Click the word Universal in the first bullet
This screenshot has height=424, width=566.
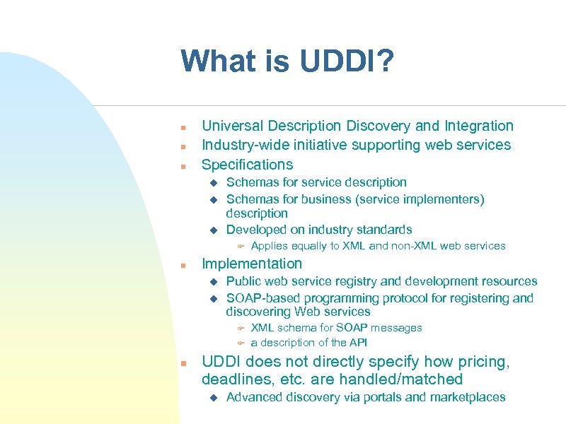point(231,126)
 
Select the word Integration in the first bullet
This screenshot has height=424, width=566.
point(478,126)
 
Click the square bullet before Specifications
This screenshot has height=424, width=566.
point(183,167)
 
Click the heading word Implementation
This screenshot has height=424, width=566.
point(252,264)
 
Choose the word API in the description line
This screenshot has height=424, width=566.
point(358,343)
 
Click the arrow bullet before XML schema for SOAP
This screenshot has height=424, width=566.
point(241,329)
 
